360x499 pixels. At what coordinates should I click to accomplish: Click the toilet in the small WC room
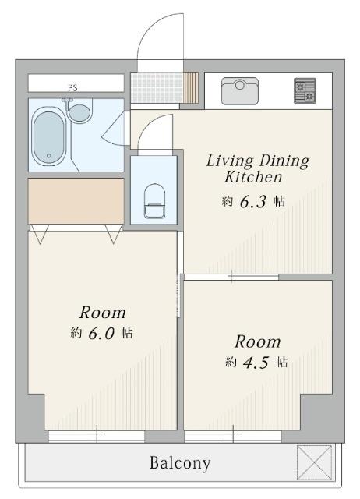[x=154, y=202]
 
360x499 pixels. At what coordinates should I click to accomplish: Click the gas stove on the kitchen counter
[x=305, y=90]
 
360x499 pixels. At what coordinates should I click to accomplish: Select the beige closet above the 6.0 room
[x=76, y=200]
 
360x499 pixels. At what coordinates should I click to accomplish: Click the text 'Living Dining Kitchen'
[x=257, y=168]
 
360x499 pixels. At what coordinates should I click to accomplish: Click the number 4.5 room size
[x=257, y=362]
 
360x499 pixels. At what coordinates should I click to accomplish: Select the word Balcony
[x=180, y=463]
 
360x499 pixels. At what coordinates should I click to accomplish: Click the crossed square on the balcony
[x=314, y=461]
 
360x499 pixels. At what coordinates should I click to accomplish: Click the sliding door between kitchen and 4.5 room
[x=231, y=277]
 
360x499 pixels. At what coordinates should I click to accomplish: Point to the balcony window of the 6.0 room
[x=97, y=437]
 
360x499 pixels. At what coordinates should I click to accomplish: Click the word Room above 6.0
[x=101, y=313]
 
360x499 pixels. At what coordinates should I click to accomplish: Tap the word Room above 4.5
[x=257, y=342]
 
